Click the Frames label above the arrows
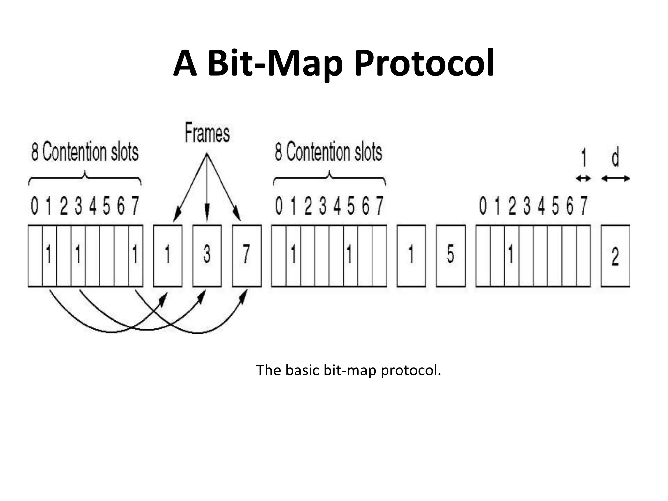tap(207, 133)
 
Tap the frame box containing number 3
tap(207, 255)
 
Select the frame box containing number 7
tap(247, 255)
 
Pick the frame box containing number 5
tap(450, 255)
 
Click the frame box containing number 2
tap(615, 255)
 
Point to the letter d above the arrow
tap(615, 158)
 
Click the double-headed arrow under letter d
tap(615, 178)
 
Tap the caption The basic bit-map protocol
tap(348, 370)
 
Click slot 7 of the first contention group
tap(136, 255)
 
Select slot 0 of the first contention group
tap(35, 255)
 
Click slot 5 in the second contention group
tap(350, 255)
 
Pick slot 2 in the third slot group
tap(511, 255)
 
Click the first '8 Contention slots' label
tap(85, 152)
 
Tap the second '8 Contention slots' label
tap(328, 152)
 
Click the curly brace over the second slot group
tap(329, 178)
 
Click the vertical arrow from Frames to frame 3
tap(207, 189)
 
